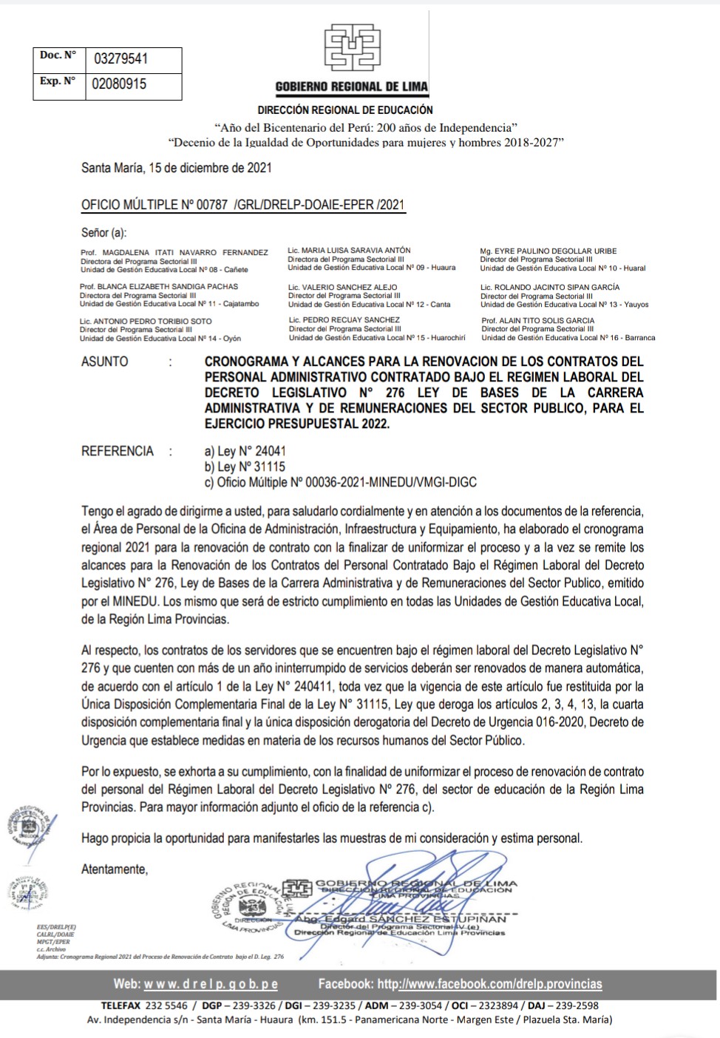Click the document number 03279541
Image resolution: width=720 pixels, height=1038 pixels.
click(120, 59)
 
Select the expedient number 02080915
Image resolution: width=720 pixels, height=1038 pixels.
click(119, 84)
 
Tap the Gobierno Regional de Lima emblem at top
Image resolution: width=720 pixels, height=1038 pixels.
click(353, 48)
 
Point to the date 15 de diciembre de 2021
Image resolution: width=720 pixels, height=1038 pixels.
click(210, 168)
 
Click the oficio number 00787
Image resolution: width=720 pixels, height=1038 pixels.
click(211, 205)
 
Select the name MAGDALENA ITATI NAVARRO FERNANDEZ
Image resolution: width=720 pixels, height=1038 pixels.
click(185, 253)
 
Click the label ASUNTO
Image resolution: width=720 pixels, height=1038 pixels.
click(104, 362)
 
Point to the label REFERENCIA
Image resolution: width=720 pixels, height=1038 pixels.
click(118, 451)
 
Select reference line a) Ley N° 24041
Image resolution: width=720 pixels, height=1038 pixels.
click(245, 451)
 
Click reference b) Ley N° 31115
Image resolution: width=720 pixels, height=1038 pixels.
click(245, 467)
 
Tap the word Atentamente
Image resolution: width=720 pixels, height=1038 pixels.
click(115, 869)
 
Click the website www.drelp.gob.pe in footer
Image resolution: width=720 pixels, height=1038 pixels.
click(211, 984)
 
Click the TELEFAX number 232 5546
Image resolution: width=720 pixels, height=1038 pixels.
click(166, 1005)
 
